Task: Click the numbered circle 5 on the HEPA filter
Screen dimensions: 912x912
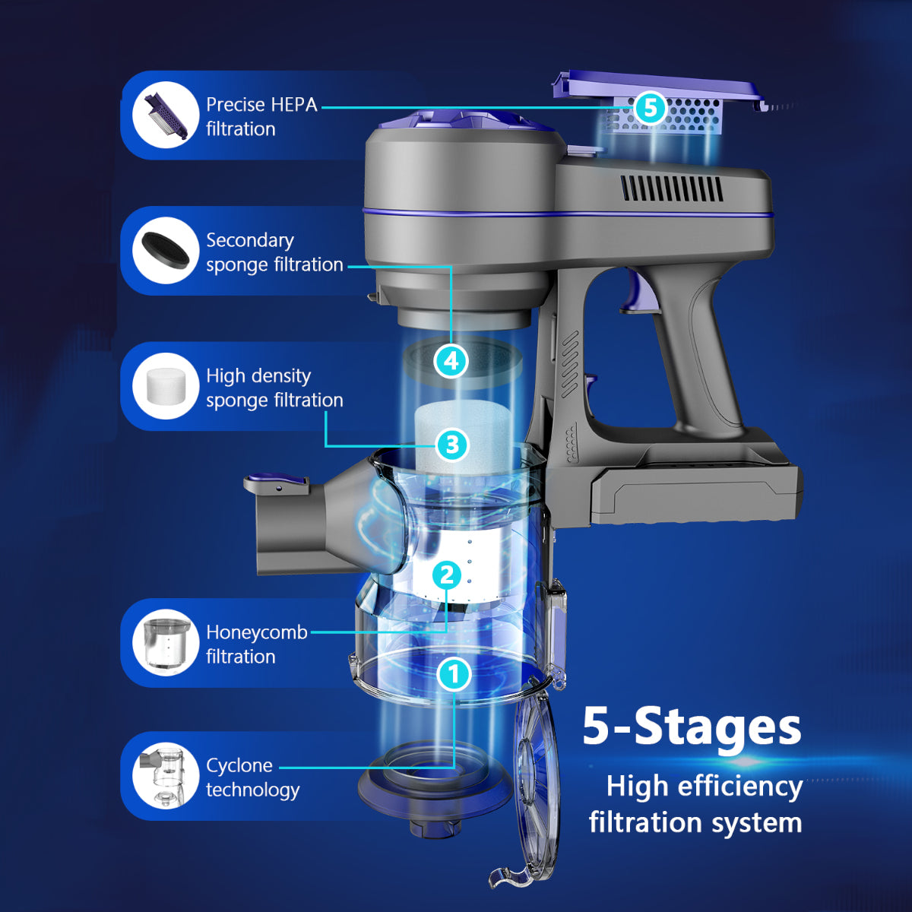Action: pos(651,109)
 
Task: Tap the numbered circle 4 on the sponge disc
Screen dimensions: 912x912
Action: pos(451,362)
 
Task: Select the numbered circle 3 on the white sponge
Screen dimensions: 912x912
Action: pos(452,445)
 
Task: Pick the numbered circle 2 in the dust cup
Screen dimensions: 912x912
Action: pos(446,575)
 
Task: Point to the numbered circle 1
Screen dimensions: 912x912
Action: pos(454,674)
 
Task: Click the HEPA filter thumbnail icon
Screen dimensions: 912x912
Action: pos(166,115)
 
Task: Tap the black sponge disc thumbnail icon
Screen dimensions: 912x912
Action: pos(166,251)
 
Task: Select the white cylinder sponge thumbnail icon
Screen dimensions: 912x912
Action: pos(166,386)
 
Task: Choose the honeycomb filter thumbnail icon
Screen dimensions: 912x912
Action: pos(166,643)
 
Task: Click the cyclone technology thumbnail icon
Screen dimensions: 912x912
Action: pos(166,776)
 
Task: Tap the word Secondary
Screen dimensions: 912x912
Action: pos(250,241)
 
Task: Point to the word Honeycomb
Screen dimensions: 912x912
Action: pos(257,633)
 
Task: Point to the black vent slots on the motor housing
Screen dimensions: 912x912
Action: pos(672,188)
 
